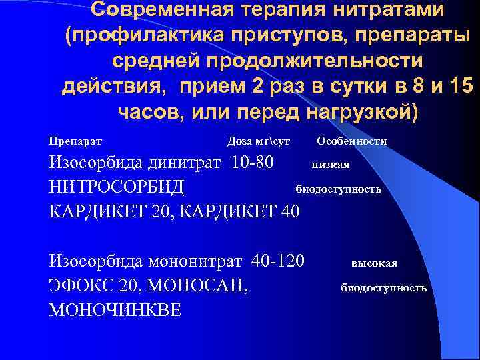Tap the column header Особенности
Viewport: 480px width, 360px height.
tap(352, 141)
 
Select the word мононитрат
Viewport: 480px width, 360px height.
tap(197, 261)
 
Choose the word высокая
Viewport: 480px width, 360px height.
tap(375, 263)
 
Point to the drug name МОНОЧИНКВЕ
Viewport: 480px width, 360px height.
tap(115, 311)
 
